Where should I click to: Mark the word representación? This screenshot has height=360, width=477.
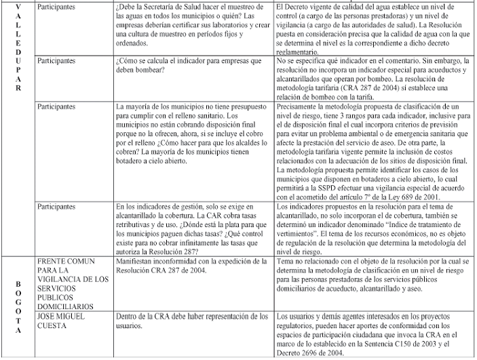tap(230, 317)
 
